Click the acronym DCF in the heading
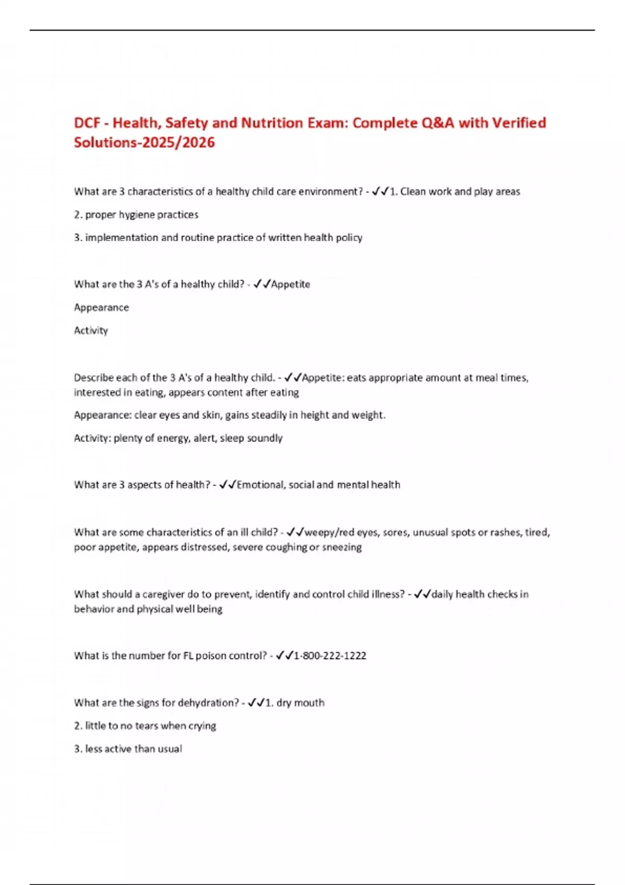(87, 123)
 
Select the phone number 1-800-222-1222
(330, 656)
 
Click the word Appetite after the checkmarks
(291, 284)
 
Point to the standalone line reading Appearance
(102, 308)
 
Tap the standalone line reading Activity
(91, 331)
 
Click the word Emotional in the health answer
(260, 485)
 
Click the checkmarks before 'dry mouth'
(256, 703)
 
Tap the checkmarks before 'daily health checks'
(422, 595)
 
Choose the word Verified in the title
(519, 123)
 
